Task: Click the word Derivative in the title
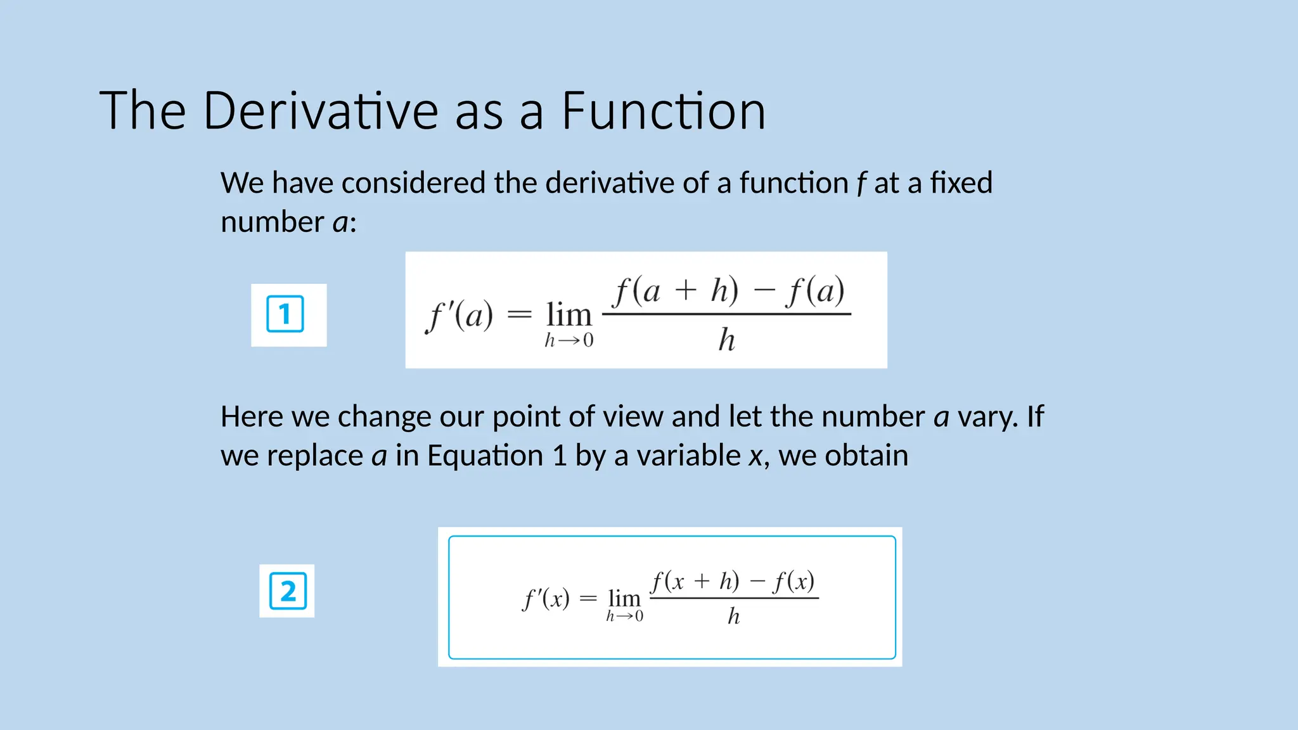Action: click(x=321, y=112)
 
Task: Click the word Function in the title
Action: click(x=663, y=112)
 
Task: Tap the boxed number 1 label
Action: click(x=285, y=314)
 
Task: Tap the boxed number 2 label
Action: click(x=288, y=591)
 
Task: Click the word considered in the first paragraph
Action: click(x=414, y=183)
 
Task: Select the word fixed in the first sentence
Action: click(x=961, y=183)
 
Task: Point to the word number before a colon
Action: click(x=273, y=222)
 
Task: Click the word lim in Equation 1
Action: click(x=569, y=315)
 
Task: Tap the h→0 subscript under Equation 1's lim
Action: click(x=569, y=341)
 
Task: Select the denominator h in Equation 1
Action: click(x=726, y=340)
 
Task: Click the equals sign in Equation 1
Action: click(x=519, y=314)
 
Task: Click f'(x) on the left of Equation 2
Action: click(x=546, y=598)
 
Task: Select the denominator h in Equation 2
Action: click(x=733, y=616)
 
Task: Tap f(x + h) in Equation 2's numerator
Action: click(x=695, y=581)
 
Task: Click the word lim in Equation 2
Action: click(x=624, y=598)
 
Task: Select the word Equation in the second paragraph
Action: click(x=485, y=456)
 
